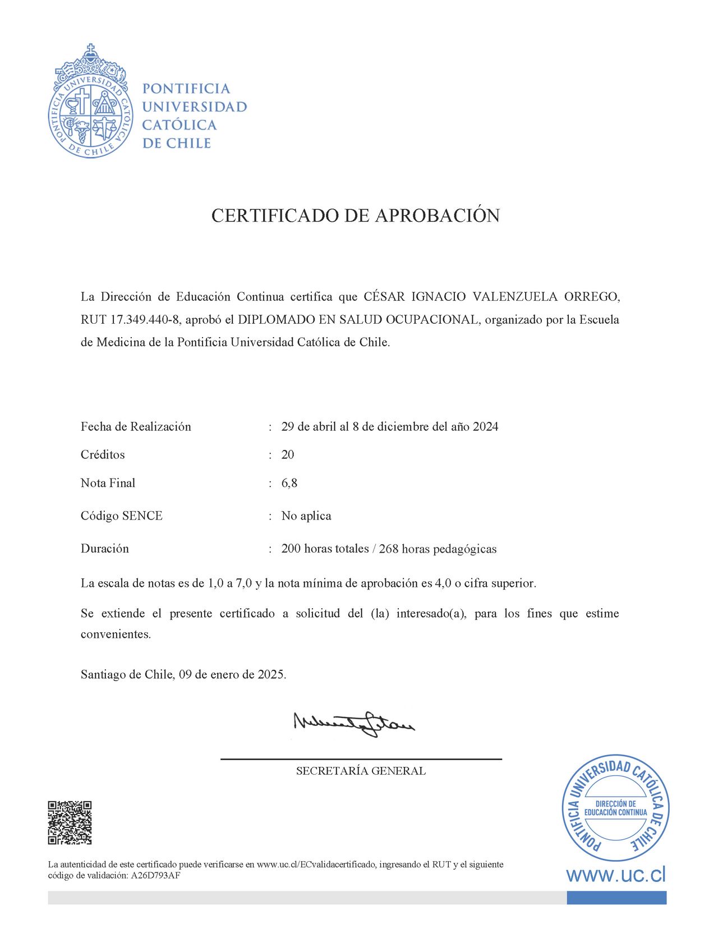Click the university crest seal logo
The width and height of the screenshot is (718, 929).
click(x=90, y=102)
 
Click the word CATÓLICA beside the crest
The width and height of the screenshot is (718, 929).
click(x=179, y=125)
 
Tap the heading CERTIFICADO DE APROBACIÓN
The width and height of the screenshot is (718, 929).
click(x=355, y=215)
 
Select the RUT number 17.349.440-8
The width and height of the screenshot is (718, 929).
click(x=145, y=320)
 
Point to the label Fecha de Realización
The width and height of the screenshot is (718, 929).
click(x=136, y=426)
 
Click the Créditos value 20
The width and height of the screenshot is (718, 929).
click(x=288, y=454)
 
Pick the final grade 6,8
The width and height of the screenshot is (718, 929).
click(x=289, y=483)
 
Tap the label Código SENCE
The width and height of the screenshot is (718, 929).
click(x=122, y=516)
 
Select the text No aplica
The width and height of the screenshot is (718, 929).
click(x=306, y=516)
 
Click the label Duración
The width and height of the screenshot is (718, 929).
click(x=105, y=549)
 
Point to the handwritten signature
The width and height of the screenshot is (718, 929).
click(x=354, y=724)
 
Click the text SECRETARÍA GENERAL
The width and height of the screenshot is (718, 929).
click(x=361, y=771)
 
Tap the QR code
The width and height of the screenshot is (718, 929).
click(x=70, y=822)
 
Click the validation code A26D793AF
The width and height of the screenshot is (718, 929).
click(x=155, y=876)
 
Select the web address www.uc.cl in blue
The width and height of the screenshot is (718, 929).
click(x=615, y=875)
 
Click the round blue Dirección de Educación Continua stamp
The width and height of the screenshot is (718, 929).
click(x=615, y=808)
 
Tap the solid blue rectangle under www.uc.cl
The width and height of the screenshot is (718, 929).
click(x=616, y=898)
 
